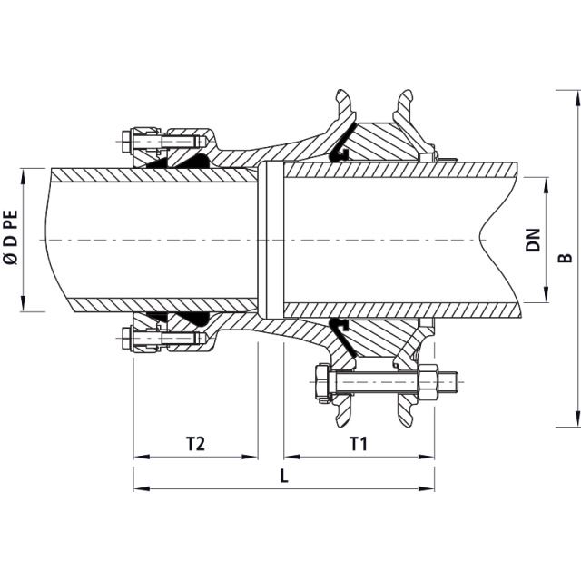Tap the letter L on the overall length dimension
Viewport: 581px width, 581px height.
[x=284, y=476]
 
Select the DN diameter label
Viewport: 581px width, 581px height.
[x=533, y=239]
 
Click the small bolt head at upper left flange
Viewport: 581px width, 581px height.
[x=125, y=142]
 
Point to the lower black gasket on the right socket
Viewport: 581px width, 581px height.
[x=339, y=329]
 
